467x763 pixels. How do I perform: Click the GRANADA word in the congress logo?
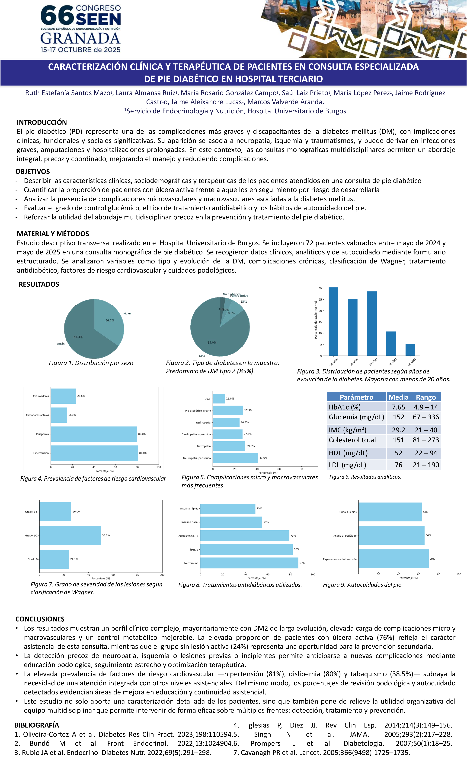(80, 38)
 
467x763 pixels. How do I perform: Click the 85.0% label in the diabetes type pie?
(212, 342)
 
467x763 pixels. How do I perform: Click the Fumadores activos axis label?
(38, 415)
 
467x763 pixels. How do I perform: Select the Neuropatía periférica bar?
(235, 458)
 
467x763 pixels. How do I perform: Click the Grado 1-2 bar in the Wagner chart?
(70, 535)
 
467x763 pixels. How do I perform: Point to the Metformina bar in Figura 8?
(249, 563)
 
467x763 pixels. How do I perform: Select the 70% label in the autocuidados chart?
(432, 559)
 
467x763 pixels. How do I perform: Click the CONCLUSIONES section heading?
(40, 619)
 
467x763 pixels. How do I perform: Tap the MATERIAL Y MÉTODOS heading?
(53, 234)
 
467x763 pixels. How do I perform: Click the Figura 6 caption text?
(365, 477)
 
